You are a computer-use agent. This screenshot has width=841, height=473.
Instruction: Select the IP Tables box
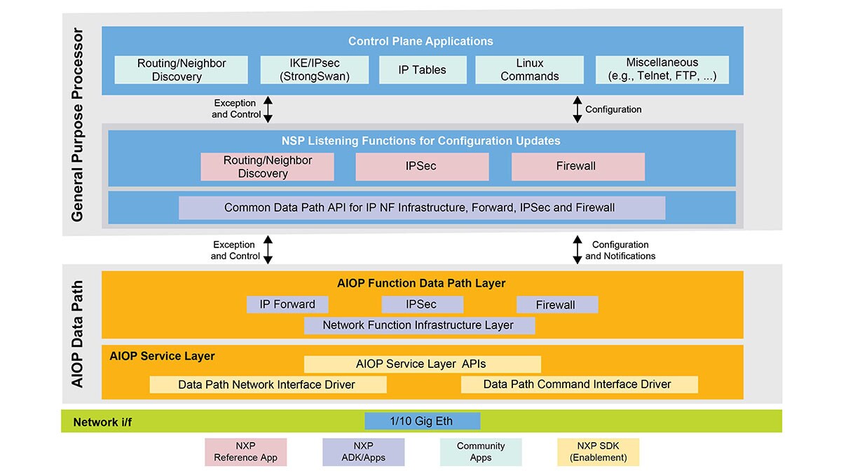point(422,70)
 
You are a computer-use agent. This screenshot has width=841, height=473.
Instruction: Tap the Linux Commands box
point(529,70)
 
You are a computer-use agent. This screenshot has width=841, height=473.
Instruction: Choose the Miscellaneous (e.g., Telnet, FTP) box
point(662,70)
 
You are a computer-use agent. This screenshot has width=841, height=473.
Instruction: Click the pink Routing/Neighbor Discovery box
point(268,167)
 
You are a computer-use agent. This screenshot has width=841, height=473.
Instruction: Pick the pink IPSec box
point(422,167)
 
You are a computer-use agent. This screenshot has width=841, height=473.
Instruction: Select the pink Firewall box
point(577,167)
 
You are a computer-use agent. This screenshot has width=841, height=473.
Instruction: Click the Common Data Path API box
point(422,207)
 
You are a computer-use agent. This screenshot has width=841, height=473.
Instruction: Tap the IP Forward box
point(287,304)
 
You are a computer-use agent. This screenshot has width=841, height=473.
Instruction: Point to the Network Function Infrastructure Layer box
point(419,325)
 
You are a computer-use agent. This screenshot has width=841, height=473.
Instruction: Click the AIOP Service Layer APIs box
point(422,364)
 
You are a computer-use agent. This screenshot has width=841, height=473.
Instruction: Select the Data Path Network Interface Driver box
point(268,384)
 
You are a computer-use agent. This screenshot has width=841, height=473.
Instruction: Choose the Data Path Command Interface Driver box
point(579,384)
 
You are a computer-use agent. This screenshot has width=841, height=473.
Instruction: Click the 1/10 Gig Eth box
point(422,421)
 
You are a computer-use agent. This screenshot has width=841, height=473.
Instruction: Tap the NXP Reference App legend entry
point(245,452)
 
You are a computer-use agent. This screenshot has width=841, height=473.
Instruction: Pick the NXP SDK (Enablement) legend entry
point(598,452)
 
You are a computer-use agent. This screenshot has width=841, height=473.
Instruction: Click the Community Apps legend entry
point(481,452)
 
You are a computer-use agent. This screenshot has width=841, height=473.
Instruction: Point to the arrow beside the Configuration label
point(577,109)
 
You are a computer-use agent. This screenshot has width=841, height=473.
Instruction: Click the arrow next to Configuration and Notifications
point(577,249)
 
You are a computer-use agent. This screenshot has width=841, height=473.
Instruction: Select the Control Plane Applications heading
point(422,41)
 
